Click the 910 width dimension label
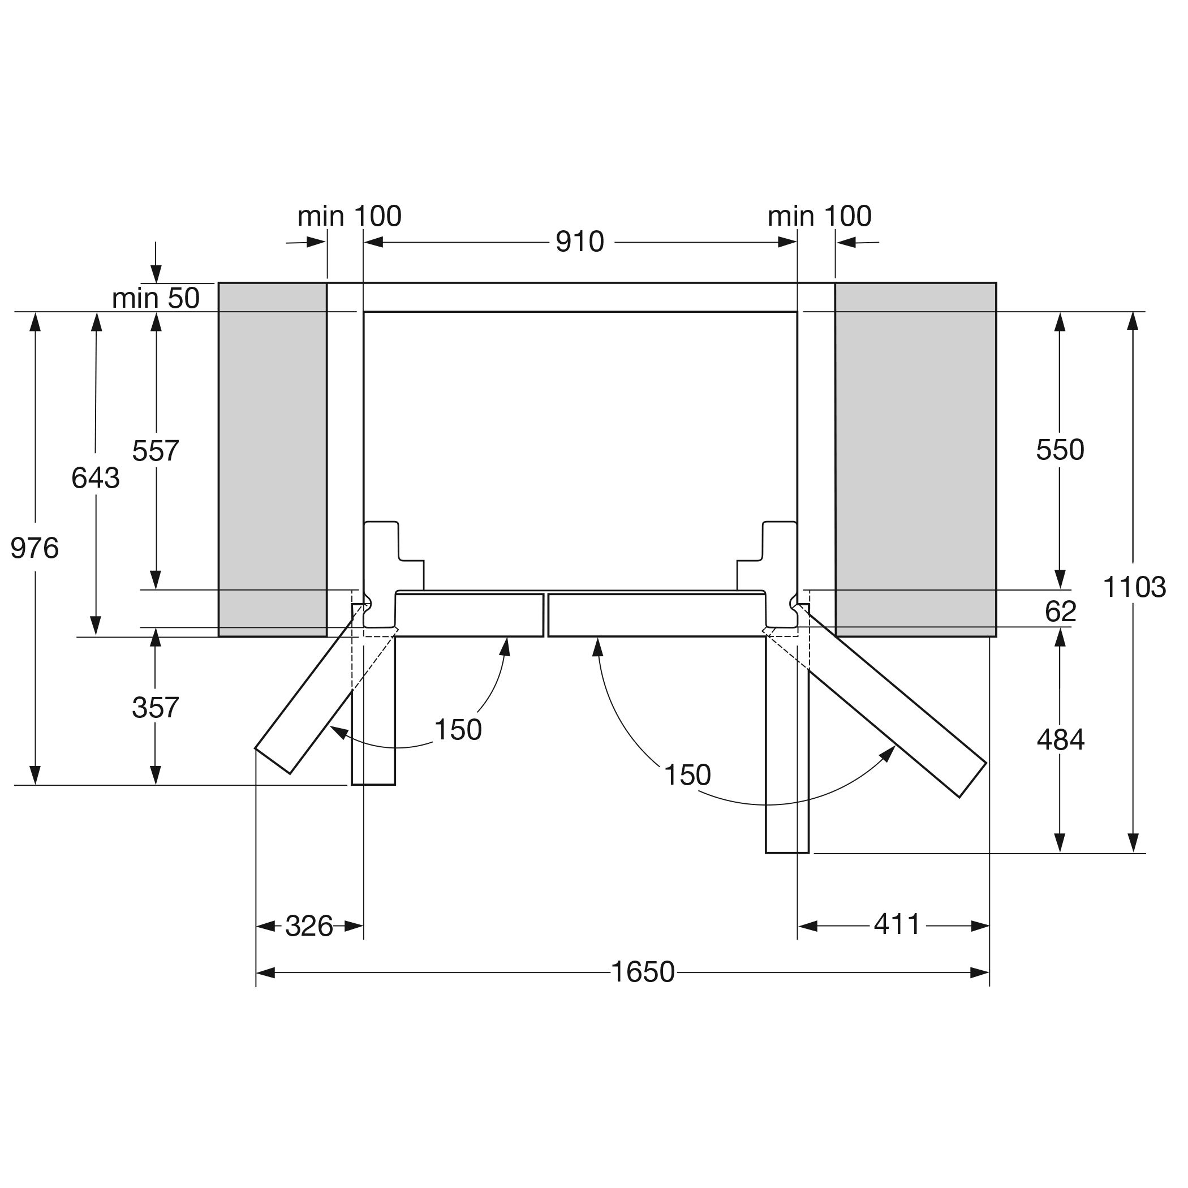point(579,242)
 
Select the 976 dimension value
point(35,548)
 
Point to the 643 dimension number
point(95,478)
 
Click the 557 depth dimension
point(156,451)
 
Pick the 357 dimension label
point(156,707)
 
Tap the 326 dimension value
point(309,926)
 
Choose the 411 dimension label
point(897,924)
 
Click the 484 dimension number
point(1061,739)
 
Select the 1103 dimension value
point(1134,587)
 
